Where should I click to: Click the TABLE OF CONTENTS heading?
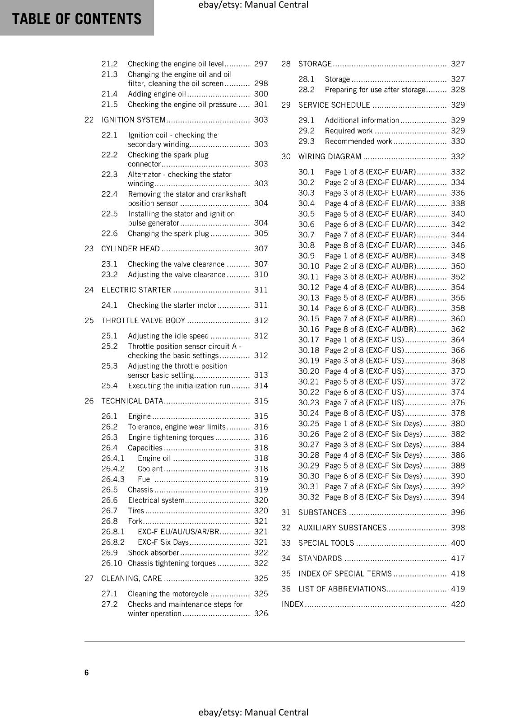[x=77, y=19]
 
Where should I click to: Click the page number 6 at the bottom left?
[x=87, y=672]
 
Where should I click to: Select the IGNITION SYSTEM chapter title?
[x=134, y=120]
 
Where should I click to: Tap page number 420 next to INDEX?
[x=458, y=604]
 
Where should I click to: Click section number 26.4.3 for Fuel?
[x=113, y=479]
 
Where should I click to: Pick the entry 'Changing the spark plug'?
[x=168, y=233]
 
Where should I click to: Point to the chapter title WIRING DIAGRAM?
[x=330, y=157]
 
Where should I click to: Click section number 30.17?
[x=309, y=340]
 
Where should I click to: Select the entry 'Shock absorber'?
[x=153, y=552]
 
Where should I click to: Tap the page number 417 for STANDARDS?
[x=458, y=558]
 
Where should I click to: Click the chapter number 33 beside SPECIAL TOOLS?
[x=286, y=543]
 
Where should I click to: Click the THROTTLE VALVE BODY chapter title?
[x=143, y=320]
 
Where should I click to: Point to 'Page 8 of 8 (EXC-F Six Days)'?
[x=373, y=497]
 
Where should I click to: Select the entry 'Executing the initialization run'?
[x=179, y=385]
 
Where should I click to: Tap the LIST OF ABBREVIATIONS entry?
[x=342, y=589]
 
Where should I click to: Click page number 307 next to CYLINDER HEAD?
[x=261, y=249]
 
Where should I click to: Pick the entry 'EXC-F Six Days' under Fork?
[x=163, y=542]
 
